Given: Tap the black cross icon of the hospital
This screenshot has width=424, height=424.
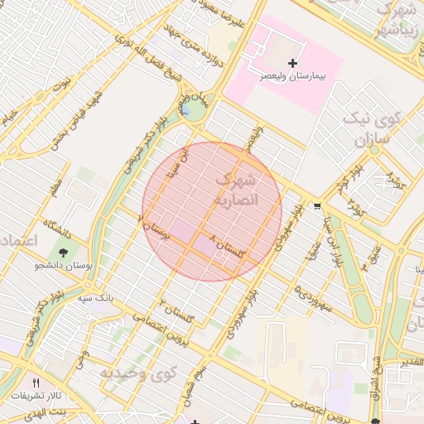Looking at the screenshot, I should point(291,63).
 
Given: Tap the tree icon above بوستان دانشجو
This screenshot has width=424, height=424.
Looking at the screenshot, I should point(64,251).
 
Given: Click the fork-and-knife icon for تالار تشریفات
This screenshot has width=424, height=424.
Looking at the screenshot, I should point(35,383).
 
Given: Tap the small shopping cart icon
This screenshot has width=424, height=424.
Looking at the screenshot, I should point(319,206).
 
